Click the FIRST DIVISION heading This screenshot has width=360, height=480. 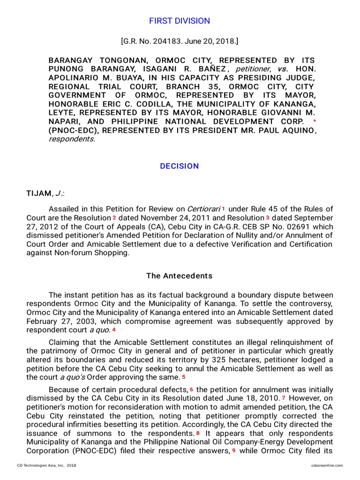180,21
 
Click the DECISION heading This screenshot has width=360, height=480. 180,166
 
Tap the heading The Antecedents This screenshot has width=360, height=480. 180,276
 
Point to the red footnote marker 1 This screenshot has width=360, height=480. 224,208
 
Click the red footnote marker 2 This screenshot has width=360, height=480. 114,217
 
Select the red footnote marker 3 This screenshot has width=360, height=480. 268,217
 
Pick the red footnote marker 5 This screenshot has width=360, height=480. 184,377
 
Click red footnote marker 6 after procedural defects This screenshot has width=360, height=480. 192,390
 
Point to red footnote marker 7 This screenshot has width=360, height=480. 284,398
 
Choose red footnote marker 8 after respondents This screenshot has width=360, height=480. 198,434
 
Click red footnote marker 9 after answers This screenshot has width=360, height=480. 234,450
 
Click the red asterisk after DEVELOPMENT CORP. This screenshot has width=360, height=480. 314,121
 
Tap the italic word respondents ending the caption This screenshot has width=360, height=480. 71,139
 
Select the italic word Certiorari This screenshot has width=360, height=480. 203,209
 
